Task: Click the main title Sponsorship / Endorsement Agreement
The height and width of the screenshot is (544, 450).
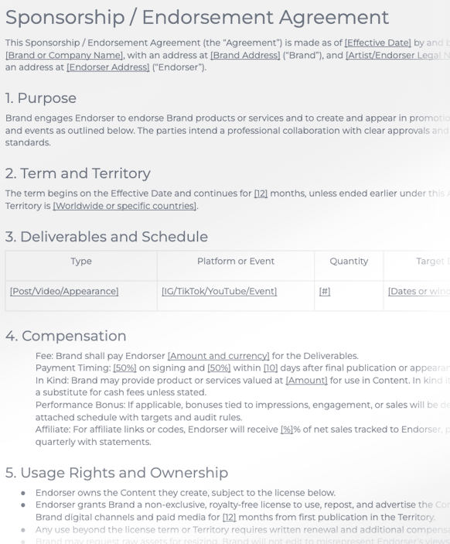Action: (197, 17)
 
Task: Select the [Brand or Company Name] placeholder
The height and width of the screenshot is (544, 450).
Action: (54, 55)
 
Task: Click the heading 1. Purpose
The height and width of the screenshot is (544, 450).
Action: (41, 98)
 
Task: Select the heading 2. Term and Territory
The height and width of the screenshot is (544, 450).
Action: (78, 173)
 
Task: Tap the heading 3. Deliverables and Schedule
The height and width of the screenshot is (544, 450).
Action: (107, 236)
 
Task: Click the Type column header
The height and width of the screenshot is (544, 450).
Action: (81, 262)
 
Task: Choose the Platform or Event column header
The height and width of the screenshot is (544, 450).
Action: (236, 262)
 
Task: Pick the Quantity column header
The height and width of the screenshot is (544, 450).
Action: (349, 262)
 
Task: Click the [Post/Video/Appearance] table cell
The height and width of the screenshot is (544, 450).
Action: (64, 292)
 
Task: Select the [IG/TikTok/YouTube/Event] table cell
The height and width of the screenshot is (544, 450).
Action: (220, 292)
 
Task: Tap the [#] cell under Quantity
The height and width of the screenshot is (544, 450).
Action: (325, 292)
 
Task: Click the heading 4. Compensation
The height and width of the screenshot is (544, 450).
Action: (66, 336)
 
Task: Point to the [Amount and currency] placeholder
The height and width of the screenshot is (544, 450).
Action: (219, 356)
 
